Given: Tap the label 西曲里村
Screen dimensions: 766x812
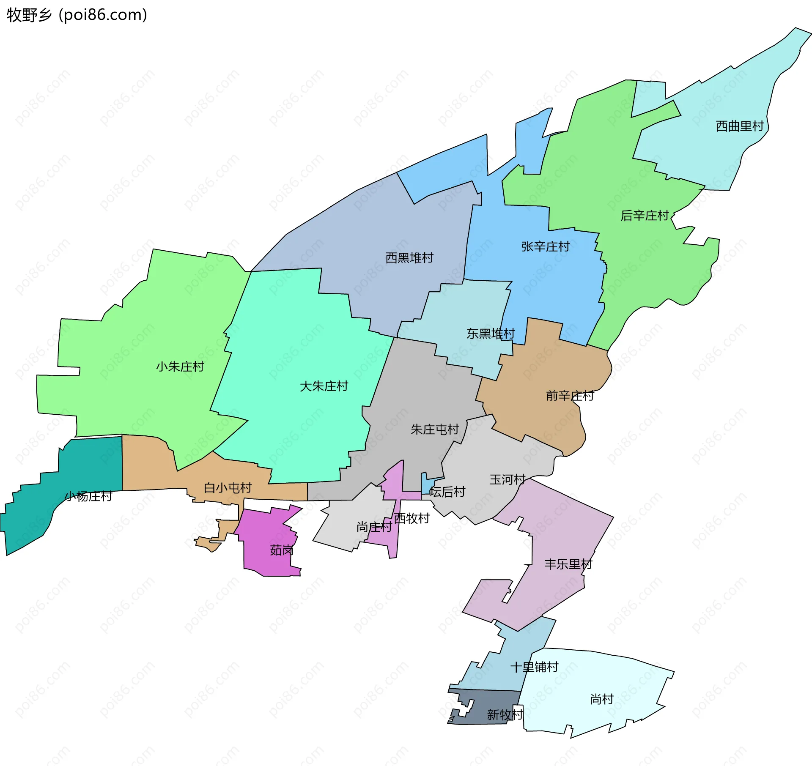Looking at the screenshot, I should (739, 126).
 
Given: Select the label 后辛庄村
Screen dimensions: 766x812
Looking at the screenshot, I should (644, 216).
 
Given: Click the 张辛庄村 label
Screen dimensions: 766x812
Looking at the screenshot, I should (545, 246).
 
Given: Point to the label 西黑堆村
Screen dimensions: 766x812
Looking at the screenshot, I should (409, 257).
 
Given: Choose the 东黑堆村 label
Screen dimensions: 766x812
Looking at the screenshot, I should (491, 334).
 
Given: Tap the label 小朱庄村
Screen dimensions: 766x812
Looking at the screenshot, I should (180, 366).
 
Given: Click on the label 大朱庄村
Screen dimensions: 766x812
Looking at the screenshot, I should (324, 386).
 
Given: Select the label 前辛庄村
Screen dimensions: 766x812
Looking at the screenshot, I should (570, 396).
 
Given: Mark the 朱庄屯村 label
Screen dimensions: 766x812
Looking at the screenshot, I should (434, 430).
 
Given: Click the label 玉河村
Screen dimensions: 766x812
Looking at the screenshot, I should (507, 479).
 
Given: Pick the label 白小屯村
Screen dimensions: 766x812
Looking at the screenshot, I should (228, 488).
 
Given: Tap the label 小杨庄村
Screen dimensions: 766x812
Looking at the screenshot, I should (88, 496).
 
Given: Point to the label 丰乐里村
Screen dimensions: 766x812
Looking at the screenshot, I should (568, 564).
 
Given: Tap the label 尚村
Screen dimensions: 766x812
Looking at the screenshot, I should (601, 699).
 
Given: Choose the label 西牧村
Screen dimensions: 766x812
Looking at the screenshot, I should (411, 518).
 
